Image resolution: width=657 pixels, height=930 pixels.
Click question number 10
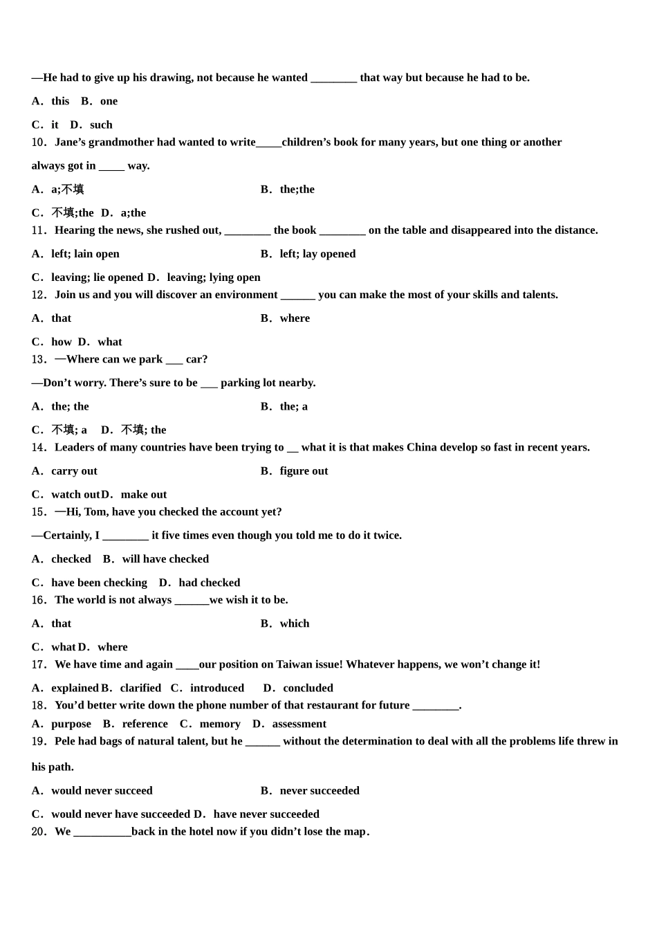click(39, 143)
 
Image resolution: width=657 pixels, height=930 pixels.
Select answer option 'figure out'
click(304, 471)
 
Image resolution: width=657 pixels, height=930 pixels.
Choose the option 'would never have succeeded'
click(120, 814)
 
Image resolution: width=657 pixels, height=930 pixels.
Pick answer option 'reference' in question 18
click(145, 724)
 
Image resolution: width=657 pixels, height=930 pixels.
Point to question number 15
click(39, 512)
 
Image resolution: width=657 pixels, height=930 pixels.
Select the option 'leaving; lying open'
click(213, 277)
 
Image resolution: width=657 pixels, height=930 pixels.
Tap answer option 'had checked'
click(209, 583)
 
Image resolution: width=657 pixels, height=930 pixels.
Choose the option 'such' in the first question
click(101, 125)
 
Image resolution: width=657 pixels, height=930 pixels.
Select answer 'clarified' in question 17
click(140, 689)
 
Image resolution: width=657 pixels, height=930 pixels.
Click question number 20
click(39, 832)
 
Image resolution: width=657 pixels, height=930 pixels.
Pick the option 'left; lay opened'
click(317, 254)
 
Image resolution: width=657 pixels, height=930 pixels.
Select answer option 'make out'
click(144, 495)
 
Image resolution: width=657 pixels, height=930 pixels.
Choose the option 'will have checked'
click(165, 559)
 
